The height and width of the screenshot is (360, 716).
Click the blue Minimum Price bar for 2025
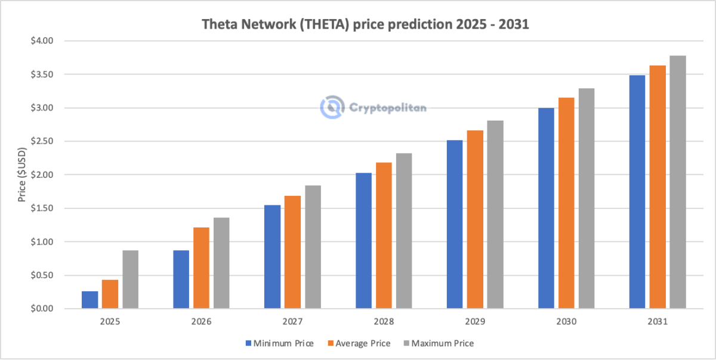tap(89, 300)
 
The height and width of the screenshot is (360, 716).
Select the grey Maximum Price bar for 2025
tap(130, 279)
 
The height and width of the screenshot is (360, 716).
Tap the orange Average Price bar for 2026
tap(201, 268)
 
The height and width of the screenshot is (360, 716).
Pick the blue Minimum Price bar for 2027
tap(272, 257)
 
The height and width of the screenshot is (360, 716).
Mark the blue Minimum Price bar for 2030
tap(546, 208)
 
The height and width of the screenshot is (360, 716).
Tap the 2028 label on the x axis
tap(384, 321)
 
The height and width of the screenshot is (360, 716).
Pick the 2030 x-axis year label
tap(566, 321)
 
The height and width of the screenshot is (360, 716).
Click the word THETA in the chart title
tap(307, 25)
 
